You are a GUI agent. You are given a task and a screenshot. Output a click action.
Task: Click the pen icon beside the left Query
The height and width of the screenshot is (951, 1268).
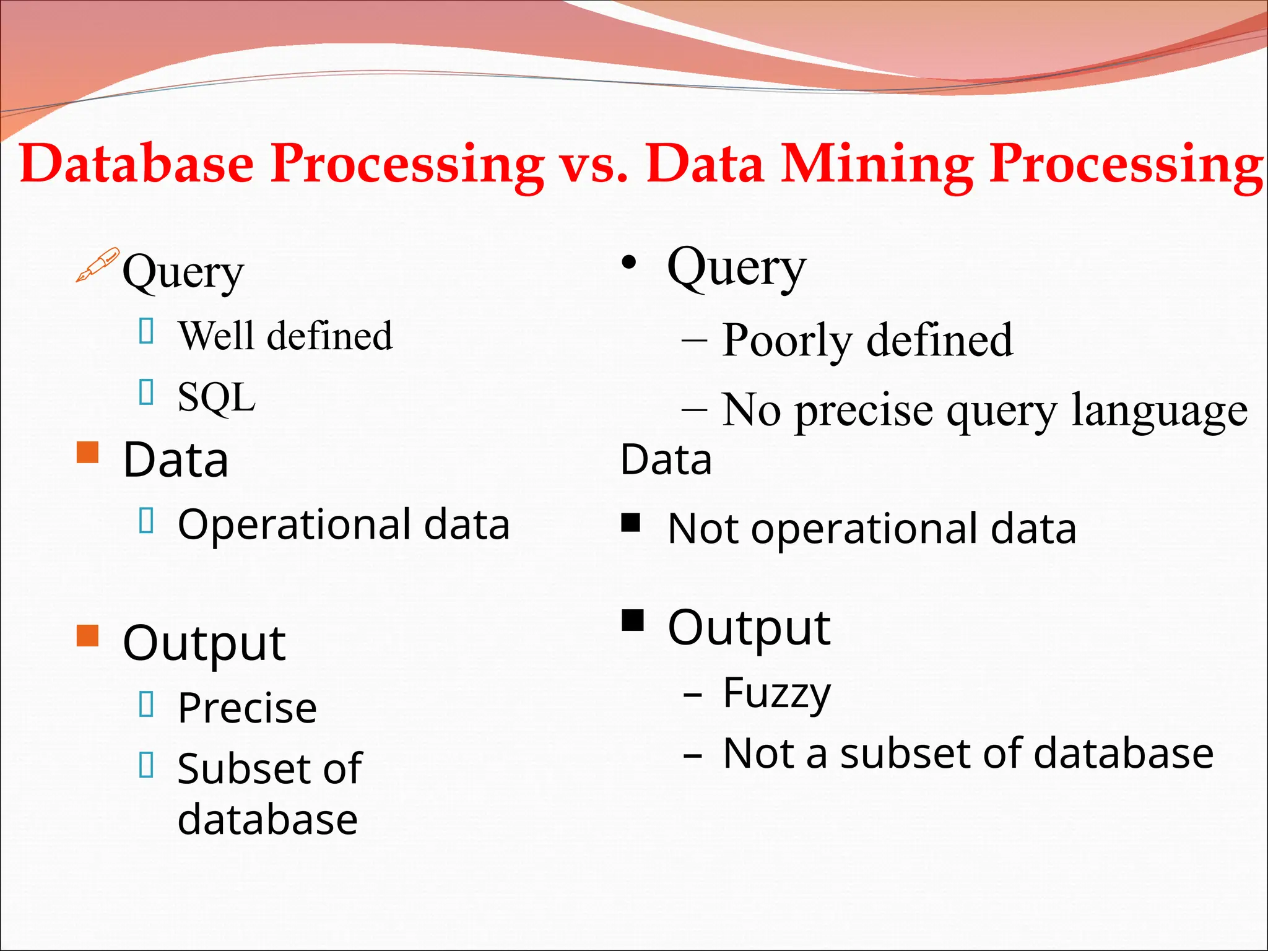97,265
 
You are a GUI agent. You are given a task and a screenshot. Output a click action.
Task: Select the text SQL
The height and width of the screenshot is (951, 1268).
216,397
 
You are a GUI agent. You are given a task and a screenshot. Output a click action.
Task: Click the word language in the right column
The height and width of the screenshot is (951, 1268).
1159,411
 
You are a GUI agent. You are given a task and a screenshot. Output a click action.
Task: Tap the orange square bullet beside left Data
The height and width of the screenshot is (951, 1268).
88,453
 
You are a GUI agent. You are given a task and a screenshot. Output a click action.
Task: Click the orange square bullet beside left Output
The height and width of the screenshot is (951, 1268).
88,635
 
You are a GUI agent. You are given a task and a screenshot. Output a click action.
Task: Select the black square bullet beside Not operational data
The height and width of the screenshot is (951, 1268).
631,523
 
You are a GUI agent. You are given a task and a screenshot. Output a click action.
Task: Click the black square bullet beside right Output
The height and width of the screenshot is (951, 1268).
633,620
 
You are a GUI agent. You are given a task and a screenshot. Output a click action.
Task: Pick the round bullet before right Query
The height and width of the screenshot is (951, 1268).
629,263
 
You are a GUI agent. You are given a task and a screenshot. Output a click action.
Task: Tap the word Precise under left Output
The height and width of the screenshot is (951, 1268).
247,708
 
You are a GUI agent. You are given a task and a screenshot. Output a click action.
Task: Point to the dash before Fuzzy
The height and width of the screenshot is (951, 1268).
693,696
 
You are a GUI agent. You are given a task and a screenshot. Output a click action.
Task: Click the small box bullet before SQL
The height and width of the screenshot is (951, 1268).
147,392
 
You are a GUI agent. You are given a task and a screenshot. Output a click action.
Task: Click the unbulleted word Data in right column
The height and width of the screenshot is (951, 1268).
666,459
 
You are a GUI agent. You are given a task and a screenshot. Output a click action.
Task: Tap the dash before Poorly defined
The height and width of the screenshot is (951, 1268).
694,341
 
